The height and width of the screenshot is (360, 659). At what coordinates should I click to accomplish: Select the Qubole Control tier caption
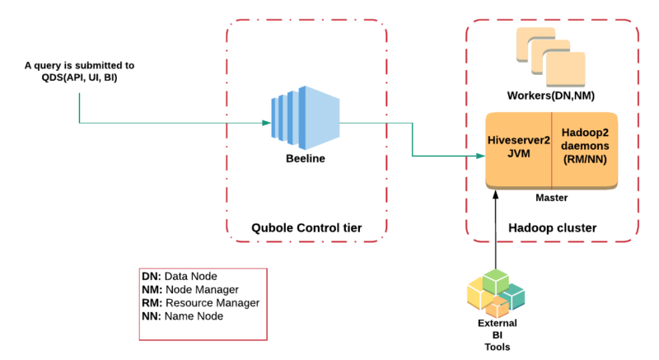[x=306, y=227]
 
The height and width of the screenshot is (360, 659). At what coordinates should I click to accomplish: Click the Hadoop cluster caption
[x=553, y=227]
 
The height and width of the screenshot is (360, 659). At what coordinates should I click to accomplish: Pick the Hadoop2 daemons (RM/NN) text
[x=586, y=146]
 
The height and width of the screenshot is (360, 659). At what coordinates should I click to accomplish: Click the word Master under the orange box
[x=551, y=197]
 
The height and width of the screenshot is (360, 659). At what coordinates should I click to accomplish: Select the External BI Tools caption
[x=498, y=334]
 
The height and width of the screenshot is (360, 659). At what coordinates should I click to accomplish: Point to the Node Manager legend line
[x=191, y=289]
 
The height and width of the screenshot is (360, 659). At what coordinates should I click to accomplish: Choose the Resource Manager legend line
[x=200, y=302]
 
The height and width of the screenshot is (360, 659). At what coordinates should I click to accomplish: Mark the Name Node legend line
[x=183, y=316]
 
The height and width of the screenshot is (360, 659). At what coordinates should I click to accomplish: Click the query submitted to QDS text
[x=80, y=71]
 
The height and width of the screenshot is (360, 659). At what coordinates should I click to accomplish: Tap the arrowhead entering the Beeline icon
[x=267, y=124]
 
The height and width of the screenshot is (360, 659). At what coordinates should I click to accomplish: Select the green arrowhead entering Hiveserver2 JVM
[x=479, y=154]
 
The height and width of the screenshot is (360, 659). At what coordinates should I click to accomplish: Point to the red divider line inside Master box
[x=551, y=148]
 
